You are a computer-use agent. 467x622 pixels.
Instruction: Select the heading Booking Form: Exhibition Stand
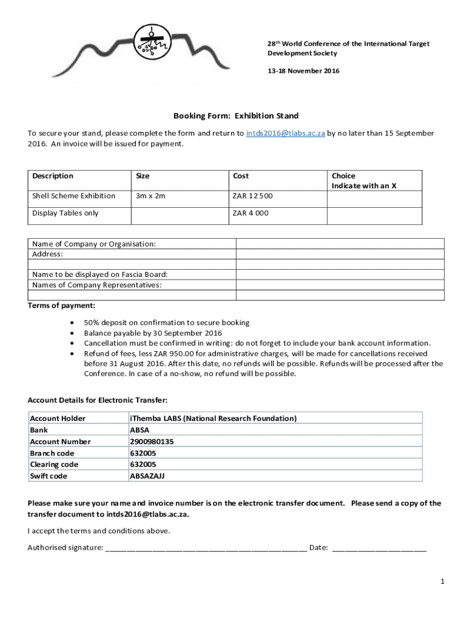pyautogui.click(x=236, y=115)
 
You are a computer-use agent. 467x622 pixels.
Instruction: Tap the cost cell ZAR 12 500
pyautogui.click(x=252, y=196)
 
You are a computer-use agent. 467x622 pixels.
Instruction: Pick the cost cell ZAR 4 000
pyautogui.click(x=250, y=213)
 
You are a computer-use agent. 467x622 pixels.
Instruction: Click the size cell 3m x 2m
pyautogui.click(x=150, y=196)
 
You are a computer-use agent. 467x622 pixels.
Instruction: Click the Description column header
pyautogui.click(x=53, y=176)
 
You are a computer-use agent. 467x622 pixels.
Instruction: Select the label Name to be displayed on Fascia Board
pyautogui.click(x=100, y=275)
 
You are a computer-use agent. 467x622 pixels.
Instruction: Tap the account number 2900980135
pyautogui.click(x=152, y=442)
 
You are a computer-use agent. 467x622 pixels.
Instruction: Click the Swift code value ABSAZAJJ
pyautogui.click(x=147, y=476)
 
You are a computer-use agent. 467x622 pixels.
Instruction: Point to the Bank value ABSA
pyautogui.click(x=139, y=430)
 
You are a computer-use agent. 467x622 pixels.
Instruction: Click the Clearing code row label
pyautogui.click(x=54, y=465)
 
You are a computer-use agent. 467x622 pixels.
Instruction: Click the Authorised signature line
pyautogui.click(x=206, y=548)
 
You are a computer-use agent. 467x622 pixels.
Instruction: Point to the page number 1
pyautogui.click(x=443, y=582)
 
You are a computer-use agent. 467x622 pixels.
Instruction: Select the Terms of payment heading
pyautogui.click(x=61, y=306)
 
